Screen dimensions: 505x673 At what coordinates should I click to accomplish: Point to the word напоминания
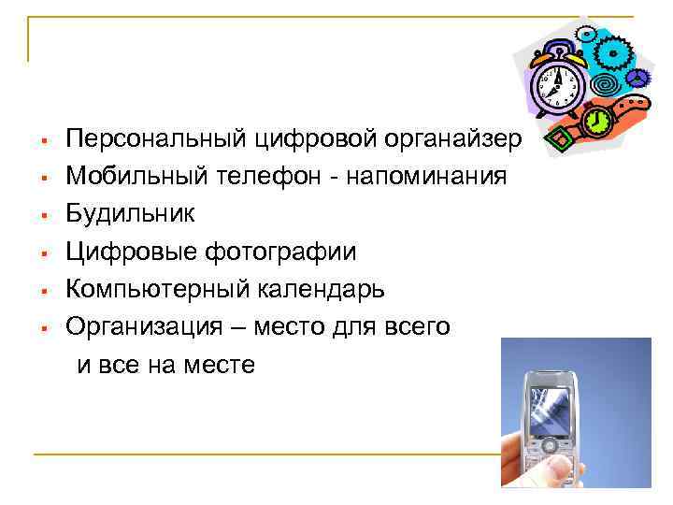[x=427, y=176]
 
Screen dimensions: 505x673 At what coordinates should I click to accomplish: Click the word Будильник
[x=130, y=213]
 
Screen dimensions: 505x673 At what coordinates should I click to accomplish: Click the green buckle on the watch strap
[x=556, y=141]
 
